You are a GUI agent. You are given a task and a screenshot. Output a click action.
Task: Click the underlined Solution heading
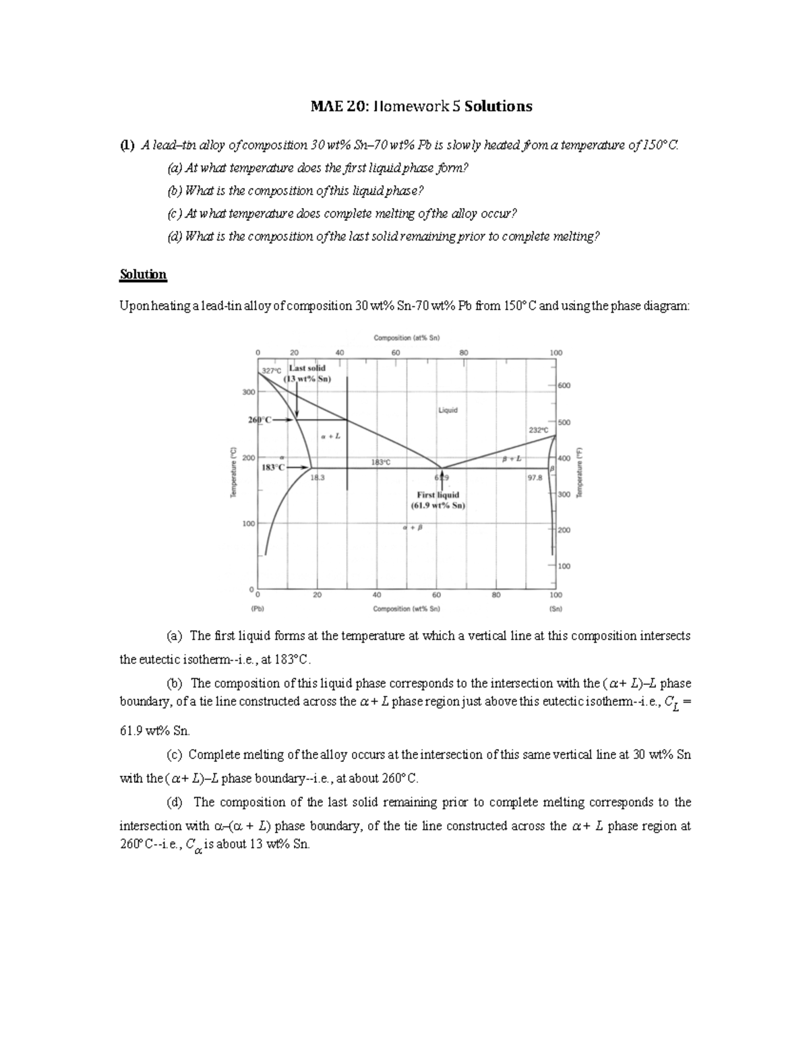pos(142,274)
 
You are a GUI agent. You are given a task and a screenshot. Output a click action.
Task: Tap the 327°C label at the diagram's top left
pos(272,371)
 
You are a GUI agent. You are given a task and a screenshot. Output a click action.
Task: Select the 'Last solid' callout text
pos(307,368)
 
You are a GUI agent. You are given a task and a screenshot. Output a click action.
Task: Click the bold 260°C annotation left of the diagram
pos(260,420)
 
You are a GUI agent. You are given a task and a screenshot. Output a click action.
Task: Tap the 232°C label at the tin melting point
pos(539,430)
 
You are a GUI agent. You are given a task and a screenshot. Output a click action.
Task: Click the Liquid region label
pos(448,410)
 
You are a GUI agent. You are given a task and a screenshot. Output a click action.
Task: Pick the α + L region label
pos(330,436)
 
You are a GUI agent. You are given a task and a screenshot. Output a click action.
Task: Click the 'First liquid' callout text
pos(438,494)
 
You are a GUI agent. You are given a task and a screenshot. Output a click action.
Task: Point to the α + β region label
pos(412,527)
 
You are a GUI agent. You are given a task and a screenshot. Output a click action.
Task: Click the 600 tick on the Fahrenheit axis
pos(564,385)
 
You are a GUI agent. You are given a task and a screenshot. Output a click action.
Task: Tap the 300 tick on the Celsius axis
pos(249,392)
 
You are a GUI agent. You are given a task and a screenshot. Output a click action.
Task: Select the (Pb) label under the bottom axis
pos(257,608)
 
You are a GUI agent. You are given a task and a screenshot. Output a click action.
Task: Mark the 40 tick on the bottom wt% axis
pos(376,595)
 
